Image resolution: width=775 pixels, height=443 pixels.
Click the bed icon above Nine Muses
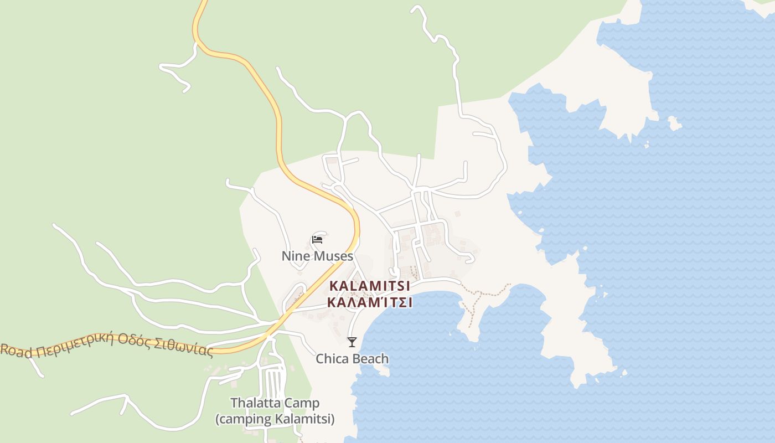[317, 239]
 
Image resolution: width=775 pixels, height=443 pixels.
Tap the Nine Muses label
[317, 256]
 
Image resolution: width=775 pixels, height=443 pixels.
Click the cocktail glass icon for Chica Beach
[352, 342]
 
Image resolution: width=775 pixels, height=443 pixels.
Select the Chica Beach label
[352, 359]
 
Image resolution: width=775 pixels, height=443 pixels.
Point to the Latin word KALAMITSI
[370, 286]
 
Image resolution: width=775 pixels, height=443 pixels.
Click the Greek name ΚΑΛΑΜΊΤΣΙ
[370, 303]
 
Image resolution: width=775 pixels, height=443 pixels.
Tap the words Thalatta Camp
[275, 403]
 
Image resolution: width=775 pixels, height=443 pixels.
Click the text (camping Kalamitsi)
[275, 419]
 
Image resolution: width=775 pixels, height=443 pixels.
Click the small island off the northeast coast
[674, 123]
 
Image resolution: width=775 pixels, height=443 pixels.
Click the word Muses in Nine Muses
[333, 256]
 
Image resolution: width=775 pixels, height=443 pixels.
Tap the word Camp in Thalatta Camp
[306, 403]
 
